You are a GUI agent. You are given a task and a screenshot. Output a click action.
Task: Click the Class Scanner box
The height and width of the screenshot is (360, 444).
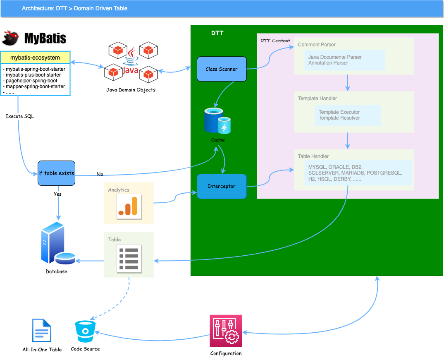click(222, 69)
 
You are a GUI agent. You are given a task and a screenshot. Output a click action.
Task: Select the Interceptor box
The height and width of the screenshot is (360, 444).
click(222, 186)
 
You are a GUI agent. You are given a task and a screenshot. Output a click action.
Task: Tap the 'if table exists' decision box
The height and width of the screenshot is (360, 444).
click(56, 173)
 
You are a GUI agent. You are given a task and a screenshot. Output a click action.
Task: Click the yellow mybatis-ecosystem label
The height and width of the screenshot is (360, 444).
click(35, 58)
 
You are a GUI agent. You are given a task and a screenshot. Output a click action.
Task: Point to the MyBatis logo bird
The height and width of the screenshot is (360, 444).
click(11, 38)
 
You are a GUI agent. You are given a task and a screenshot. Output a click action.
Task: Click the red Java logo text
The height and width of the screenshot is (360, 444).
click(131, 70)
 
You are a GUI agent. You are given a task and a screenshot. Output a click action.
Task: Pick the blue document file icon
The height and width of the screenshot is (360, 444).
click(42, 330)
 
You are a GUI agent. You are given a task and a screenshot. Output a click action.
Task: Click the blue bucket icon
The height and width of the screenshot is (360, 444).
click(85, 331)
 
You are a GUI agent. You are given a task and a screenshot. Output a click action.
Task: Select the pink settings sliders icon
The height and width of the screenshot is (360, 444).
click(226, 331)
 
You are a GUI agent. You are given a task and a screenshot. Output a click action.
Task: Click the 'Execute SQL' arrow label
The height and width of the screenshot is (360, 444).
click(19, 117)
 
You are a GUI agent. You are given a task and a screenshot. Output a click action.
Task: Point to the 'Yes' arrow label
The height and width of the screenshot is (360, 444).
click(57, 194)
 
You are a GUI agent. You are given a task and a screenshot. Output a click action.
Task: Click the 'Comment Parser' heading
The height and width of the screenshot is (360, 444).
click(317, 45)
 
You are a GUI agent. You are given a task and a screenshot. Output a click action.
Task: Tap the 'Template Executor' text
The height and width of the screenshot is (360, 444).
click(339, 112)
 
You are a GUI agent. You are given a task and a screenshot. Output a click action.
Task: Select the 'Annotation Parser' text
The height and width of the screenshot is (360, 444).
click(328, 63)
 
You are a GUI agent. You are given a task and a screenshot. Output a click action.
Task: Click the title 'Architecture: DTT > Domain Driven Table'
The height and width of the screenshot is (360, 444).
click(74, 8)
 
